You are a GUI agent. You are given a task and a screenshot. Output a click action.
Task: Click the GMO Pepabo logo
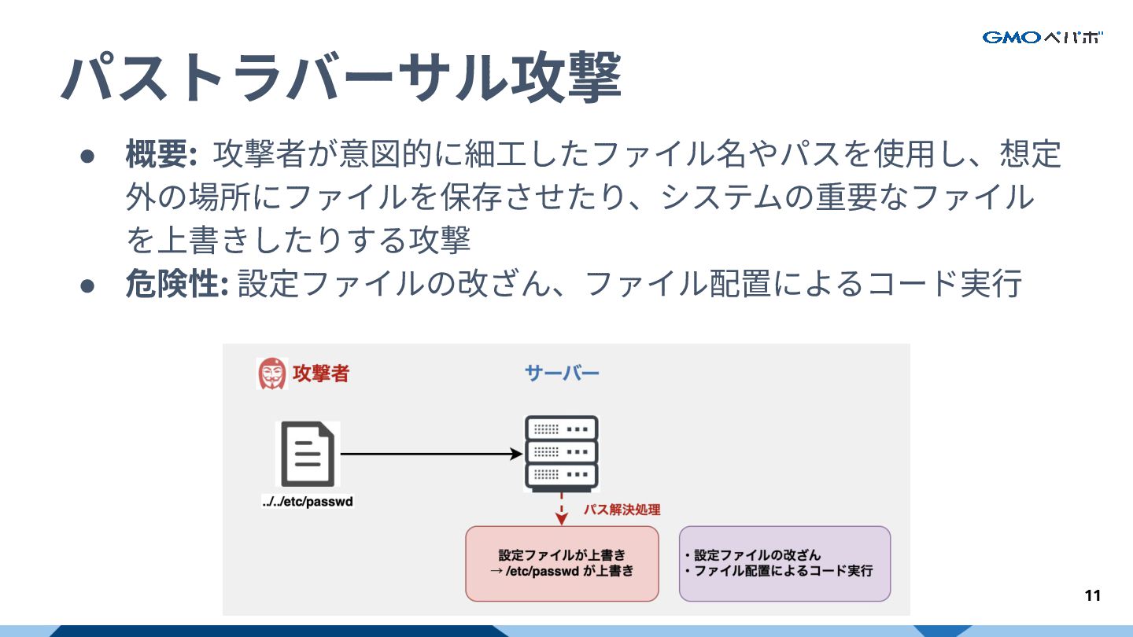click(x=1043, y=37)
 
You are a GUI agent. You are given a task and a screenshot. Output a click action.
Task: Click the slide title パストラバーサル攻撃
click(x=341, y=77)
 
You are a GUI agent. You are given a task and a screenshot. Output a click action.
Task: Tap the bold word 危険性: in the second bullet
click(x=176, y=284)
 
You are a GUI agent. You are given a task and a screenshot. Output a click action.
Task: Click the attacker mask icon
click(x=272, y=373)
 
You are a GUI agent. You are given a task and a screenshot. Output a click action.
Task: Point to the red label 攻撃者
click(x=320, y=373)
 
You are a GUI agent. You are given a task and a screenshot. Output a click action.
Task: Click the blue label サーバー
click(x=562, y=373)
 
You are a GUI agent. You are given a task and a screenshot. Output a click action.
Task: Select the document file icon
click(x=308, y=455)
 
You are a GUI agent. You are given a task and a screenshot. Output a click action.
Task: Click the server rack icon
click(x=561, y=454)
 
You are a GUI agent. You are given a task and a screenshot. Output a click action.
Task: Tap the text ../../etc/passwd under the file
click(x=308, y=502)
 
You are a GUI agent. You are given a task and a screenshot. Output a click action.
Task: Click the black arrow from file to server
click(x=431, y=454)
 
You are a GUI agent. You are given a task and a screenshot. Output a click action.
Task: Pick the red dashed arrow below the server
click(x=562, y=510)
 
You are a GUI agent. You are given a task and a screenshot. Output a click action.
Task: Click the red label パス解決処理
click(x=621, y=510)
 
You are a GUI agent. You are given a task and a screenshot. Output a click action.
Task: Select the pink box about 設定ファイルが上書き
click(x=562, y=563)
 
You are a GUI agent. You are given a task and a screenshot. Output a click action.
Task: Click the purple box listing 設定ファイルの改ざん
click(x=784, y=563)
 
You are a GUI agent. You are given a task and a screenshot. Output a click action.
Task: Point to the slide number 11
click(x=1092, y=595)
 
